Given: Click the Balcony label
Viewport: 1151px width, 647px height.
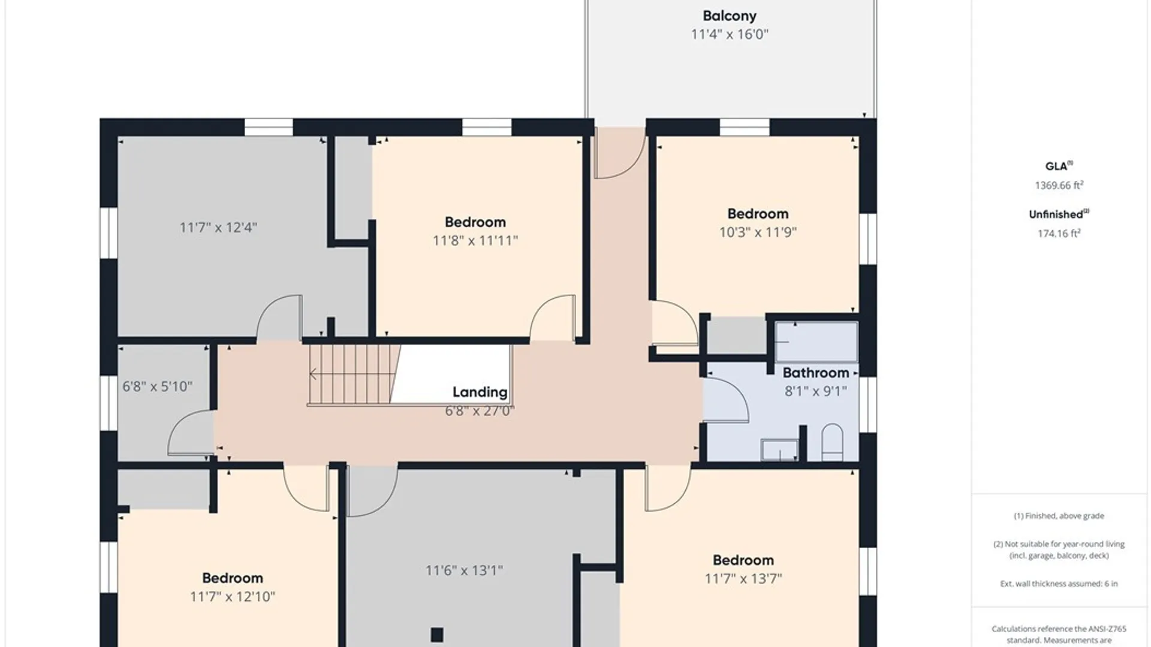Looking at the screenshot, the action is pos(730,16).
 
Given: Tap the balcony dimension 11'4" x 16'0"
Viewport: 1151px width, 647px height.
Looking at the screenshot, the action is pos(730,34).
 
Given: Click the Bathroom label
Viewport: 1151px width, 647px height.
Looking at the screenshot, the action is pos(816,373).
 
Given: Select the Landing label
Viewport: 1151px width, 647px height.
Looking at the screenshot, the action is pos(480,392).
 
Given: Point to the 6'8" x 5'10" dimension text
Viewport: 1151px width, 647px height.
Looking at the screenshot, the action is pos(157,386).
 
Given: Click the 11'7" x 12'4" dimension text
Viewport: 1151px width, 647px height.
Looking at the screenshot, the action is pos(218,228).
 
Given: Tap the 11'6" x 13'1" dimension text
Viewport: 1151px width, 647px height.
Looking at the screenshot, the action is pos(464,570).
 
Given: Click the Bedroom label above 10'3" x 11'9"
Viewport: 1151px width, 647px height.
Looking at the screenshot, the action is pos(758,214).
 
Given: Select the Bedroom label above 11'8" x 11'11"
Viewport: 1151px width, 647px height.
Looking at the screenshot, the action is pos(475,222).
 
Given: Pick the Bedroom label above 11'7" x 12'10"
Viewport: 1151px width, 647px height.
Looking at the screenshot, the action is pos(233,578).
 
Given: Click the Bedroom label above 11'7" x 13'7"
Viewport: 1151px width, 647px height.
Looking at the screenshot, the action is pos(743,560).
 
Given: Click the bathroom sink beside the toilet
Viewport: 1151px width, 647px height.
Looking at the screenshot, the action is pos(779,450).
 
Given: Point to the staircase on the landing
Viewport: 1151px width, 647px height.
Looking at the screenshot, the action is pos(354,374).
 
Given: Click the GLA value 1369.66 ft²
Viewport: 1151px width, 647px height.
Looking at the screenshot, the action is pos(1059,185).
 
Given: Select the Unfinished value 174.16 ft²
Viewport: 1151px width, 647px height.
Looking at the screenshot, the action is pos(1059,233).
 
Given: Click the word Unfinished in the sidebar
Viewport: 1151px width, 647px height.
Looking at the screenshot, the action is pos(1056,214).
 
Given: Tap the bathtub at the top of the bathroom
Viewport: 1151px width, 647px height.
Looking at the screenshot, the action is pos(816,342).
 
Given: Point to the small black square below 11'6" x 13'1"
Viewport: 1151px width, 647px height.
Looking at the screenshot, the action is pos(437,634).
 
